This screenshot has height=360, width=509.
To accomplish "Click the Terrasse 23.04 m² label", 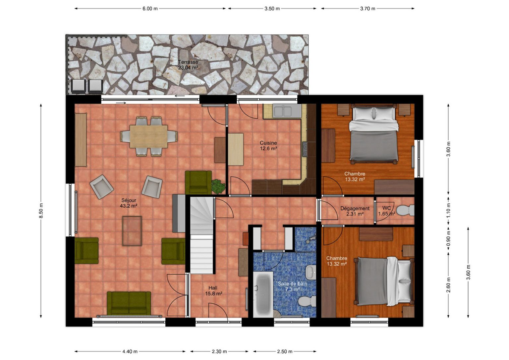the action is (x=188, y=65).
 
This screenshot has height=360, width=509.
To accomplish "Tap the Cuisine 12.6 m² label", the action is (x=268, y=146).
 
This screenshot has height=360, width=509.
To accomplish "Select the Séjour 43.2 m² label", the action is (x=129, y=203).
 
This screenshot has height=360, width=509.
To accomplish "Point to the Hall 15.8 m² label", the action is (x=213, y=291).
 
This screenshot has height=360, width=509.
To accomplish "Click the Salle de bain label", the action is (x=293, y=284).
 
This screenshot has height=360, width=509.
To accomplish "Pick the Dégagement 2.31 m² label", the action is (x=355, y=211).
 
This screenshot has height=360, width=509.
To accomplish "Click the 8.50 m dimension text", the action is (x=41, y=211).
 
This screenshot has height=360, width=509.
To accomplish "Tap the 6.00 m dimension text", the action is (x=150, y=9).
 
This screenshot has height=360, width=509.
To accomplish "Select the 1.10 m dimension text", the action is (x=448, y=210).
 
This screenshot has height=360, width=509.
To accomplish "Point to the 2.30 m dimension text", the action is (x=219, y=352).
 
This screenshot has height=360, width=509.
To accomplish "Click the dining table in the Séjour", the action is (x=148, y=136).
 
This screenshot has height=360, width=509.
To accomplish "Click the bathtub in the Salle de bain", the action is (x=263, y=294).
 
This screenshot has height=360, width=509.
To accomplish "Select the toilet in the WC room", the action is (x=406, y=210).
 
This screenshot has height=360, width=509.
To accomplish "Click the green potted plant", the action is (x=218, y=186).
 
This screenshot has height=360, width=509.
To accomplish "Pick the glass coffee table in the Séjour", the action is (x=132, y=231).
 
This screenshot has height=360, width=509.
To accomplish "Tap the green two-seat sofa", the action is (x=129, y=303).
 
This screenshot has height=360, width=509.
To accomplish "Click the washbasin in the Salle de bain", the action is (x=311, y=272).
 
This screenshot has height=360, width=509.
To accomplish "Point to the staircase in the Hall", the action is (x=201, y=235).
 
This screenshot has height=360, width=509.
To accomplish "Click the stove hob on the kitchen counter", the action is (x=305, y=149).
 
